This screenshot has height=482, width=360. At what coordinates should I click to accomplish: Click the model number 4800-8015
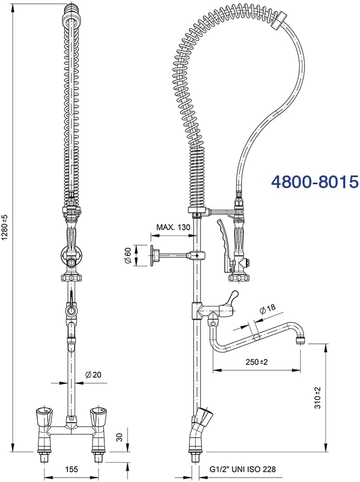coord(315,182)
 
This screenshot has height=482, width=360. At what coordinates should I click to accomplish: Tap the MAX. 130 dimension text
coord(173,227)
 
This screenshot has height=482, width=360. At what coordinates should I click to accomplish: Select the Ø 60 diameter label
coord(128,256)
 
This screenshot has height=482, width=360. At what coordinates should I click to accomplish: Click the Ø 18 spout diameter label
coord(267,309)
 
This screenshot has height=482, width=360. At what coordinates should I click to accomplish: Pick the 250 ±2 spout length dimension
coord(257,362)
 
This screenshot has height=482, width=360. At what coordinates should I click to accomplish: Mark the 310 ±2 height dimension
coord(318,398)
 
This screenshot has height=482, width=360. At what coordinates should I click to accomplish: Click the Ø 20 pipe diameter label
coord(93,375)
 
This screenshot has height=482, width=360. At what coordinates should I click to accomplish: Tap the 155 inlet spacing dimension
coord(71,469)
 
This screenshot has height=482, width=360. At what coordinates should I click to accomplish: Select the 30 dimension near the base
coord(120,437)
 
